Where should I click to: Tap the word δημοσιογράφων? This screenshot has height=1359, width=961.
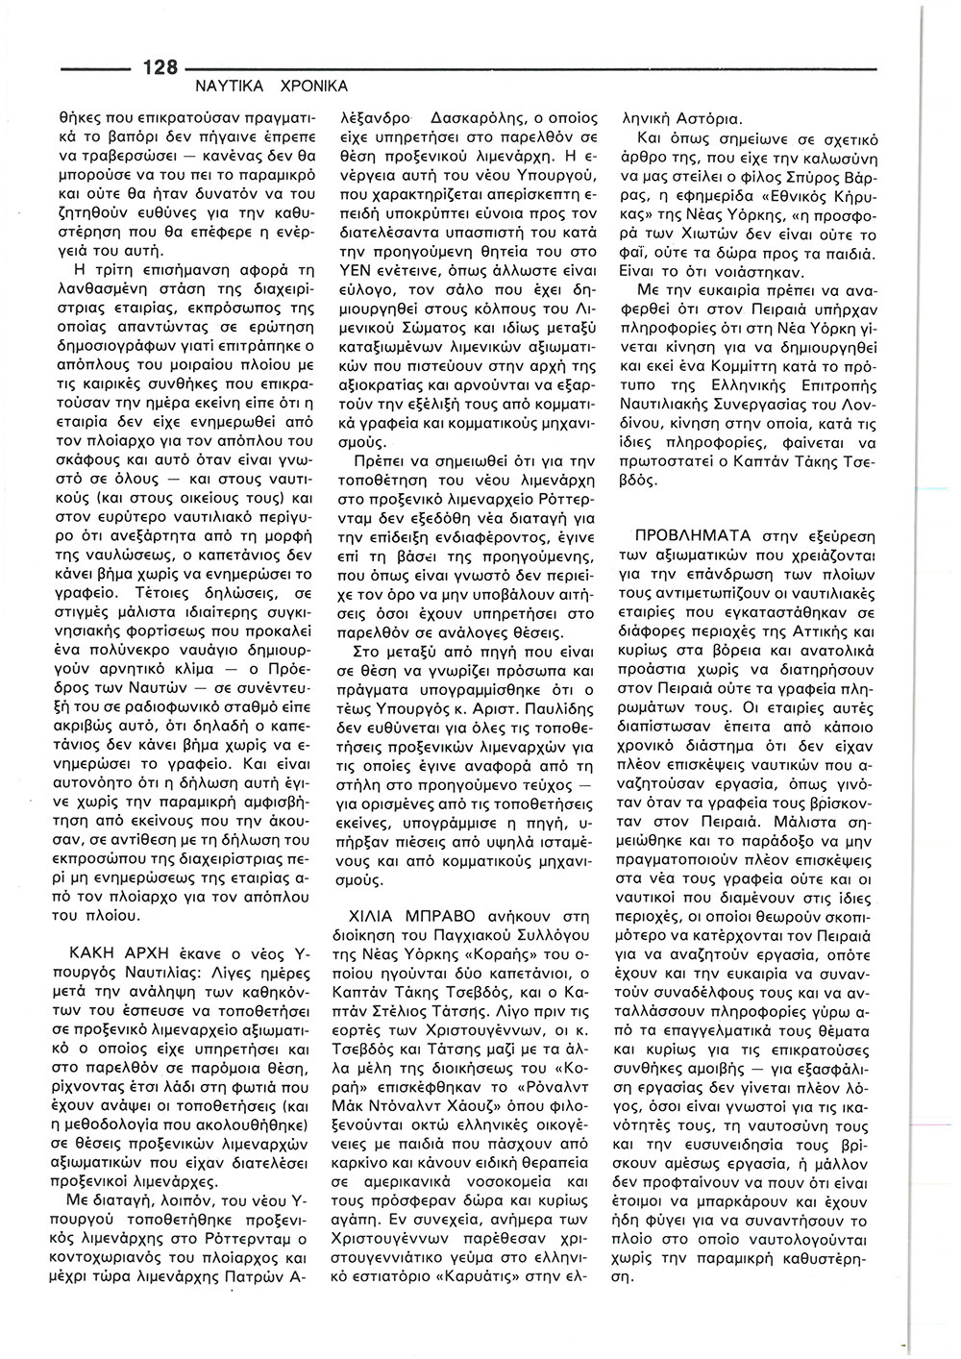click(x=106, y=341)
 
